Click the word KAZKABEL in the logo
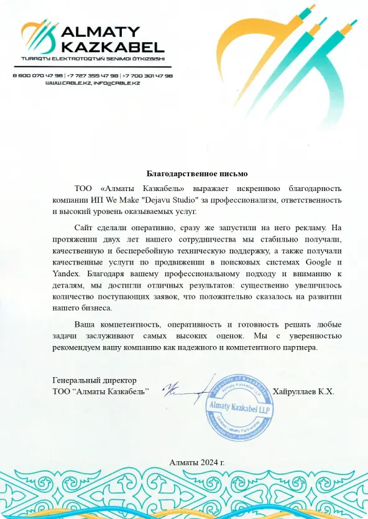click(113, 47)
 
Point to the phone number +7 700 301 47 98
click(148, 75)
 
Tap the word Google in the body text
click(320, 263)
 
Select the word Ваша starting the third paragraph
click(86, 325)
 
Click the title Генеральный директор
click(94, 380)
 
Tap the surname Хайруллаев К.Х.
click(308, 391)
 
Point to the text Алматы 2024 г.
click(196, 462)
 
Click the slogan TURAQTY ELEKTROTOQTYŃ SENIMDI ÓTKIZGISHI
click(93, 58)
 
